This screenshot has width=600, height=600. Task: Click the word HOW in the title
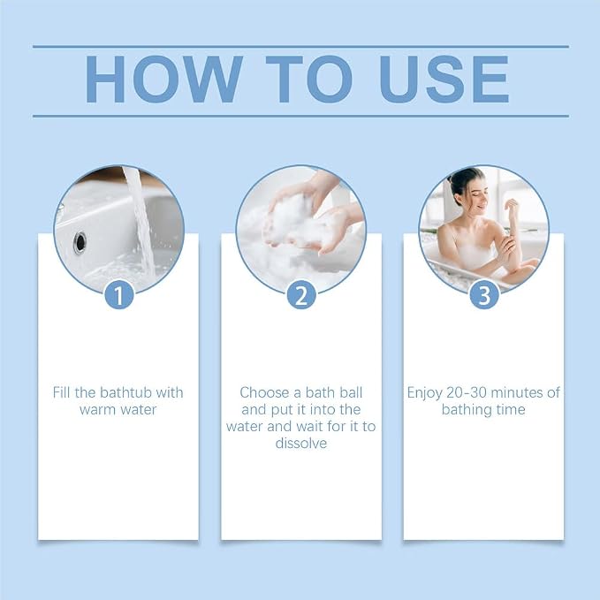pyautogui.click(x=163, y=80)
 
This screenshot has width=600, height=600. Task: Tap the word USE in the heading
pyautogui.click(x=444, y=80)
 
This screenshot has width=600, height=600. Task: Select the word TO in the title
pyautogui.click(x=308, y=80)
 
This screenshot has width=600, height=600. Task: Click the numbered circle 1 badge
pyautogui.click(x=119, y=295)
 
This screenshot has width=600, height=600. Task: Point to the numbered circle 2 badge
pyautogui.click(x=301, y=295)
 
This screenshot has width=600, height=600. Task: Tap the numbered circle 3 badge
pyautogui.click(x=484, y=295)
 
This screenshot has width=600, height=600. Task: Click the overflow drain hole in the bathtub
pyautogui.click(x=80, y=243)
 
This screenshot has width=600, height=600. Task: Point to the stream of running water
pyautogui.click(x=141, y=222)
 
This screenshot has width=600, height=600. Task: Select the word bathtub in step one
pyautogui.click(x=126, y=392)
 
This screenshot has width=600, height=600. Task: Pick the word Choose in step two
pyautogui.click(x=264, y=392)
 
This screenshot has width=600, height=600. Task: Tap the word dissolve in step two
pyautogui.click(x=301, y=443)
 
